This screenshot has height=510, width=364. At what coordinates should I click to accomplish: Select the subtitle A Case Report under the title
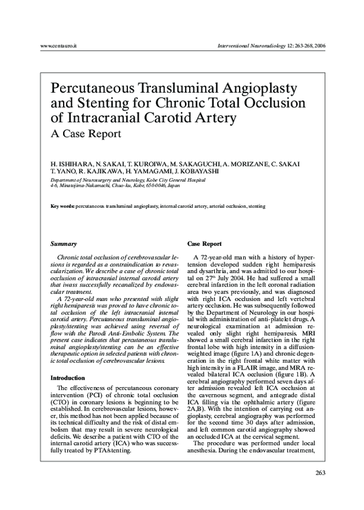(86, 133)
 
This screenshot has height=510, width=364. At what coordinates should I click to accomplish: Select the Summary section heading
(63, 243)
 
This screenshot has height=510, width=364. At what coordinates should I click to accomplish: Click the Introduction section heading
(68, 360)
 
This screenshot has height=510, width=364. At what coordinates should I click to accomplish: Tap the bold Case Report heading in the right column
(204, 243)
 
